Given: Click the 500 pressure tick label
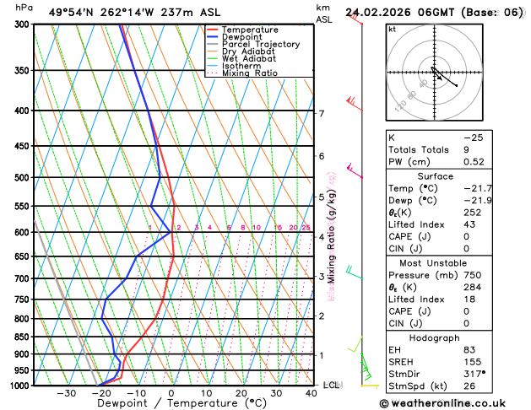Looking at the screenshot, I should pos(22,178).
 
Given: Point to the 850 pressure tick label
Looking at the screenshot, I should pos(22,337).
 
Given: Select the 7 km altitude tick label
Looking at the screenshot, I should pos(321,113).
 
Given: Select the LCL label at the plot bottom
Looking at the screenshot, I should pos(331,385).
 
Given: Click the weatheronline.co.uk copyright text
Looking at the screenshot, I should pos(456,402).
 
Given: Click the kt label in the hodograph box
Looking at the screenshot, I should pos(392,29).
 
